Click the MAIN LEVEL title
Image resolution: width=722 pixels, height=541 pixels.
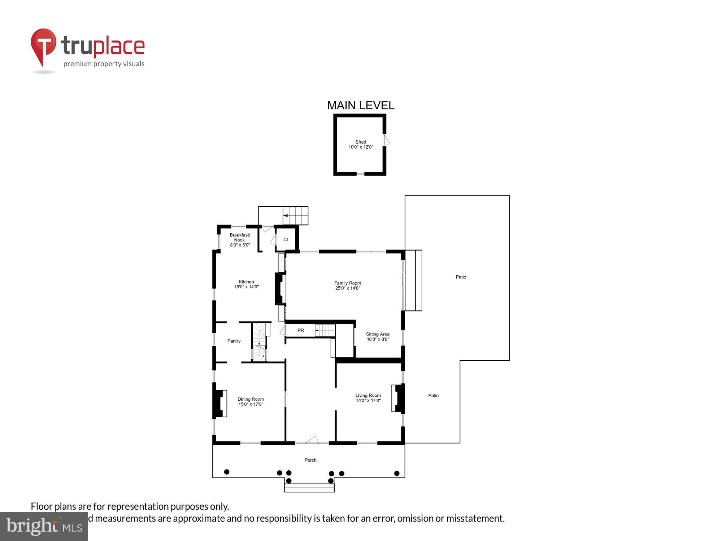point(361,105)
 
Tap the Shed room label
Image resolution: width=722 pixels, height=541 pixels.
point(361,142)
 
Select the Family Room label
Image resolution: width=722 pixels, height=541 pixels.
point(347,283)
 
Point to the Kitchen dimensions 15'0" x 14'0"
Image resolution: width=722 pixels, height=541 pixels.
point(246,287)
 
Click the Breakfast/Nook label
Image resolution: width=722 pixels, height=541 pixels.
point(240,237)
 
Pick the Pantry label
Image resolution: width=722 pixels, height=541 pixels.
point(234,341)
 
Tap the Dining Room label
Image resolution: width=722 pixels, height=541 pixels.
point(251,399)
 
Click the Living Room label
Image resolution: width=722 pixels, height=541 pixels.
point(368,396)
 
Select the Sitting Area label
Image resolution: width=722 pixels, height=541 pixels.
point(378,334)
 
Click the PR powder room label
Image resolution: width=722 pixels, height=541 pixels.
point(301,330)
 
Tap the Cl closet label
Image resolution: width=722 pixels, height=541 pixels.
point(286,239)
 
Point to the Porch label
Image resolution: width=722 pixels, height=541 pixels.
point(310,460)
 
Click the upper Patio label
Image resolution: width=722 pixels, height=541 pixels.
point(461,277)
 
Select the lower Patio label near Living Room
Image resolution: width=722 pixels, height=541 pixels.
point(433,396)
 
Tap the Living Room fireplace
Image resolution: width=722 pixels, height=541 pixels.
point(398,398)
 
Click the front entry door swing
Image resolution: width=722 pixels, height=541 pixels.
point(312,440)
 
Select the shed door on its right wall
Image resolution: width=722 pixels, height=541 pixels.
point(386,140)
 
